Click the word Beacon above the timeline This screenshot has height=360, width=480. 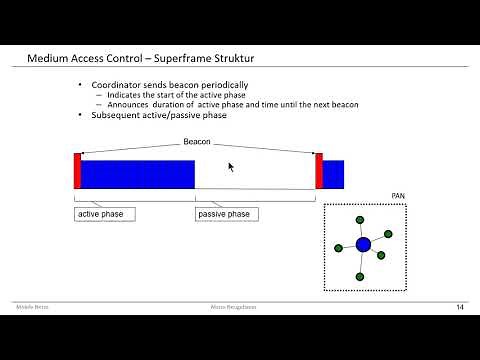197,142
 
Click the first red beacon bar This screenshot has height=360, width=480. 77,171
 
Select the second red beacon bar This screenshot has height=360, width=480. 319,171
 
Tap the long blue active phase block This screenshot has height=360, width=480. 137,174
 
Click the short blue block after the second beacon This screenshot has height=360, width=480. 333,174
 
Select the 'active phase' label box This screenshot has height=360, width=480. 105,214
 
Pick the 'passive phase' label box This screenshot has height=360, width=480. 224,214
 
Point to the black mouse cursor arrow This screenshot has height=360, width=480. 231,167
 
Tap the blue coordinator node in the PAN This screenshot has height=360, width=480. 363,244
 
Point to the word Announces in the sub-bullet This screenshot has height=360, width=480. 129,104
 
